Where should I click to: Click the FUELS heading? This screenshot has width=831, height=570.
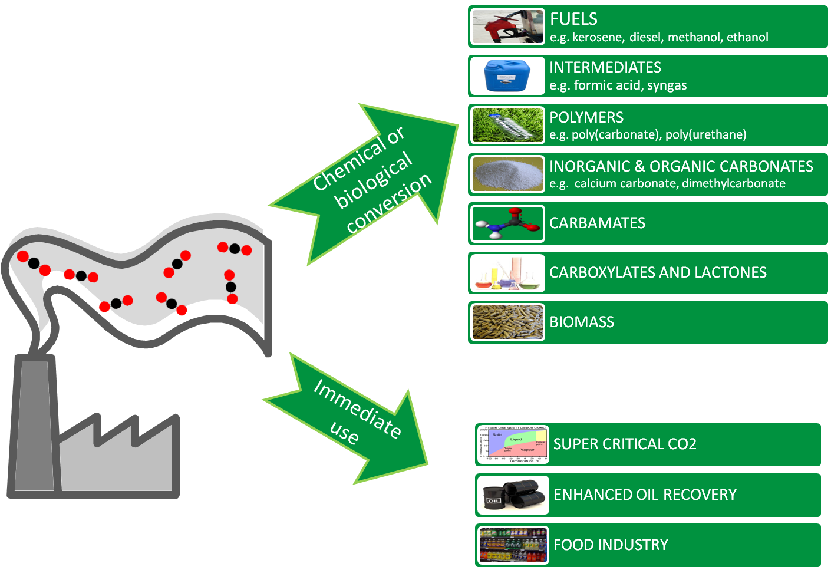coord(573,19)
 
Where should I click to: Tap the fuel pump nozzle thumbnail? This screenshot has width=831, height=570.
coord(507,27)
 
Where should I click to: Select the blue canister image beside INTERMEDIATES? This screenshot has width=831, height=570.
coord(507,76)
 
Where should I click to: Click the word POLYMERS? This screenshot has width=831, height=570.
coord(586,117)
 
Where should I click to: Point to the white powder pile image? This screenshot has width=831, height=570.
coord(507,174)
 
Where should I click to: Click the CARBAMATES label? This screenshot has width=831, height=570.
coord(597,223)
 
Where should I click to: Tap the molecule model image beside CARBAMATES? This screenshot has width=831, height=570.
coord(507,223)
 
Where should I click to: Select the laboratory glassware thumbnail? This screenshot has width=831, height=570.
coord(507,273)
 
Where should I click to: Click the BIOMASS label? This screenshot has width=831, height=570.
coord(582,322)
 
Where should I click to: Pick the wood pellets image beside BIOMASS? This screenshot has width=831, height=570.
coord(507,322)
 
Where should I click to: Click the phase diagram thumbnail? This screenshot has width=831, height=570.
coord(513,444)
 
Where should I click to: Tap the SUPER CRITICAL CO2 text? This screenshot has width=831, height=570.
coord(625,444)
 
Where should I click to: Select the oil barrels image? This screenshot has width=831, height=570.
coord(513,495)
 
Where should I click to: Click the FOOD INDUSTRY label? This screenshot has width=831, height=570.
coord(611,545)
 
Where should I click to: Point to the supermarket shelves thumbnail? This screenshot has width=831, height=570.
coord(513,545)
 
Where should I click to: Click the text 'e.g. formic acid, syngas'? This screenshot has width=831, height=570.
coord(618,85)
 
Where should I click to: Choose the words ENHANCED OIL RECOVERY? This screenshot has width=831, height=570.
coord(645,495)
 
